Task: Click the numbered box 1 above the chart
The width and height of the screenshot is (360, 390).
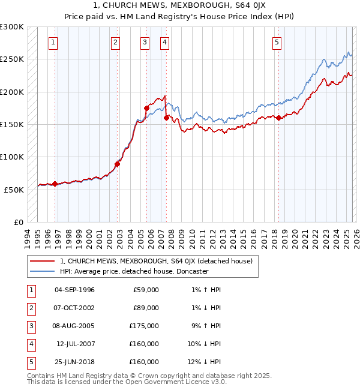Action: pos(54,42)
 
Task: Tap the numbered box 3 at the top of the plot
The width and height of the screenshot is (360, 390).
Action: pos(145,42)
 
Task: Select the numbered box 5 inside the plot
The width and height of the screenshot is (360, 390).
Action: pos(277,42)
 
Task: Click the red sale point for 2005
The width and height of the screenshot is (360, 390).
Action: pos(147,108)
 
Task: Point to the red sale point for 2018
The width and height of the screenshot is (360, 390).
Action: pos(279,118)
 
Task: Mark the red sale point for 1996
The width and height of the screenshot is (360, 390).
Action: pos(55,184)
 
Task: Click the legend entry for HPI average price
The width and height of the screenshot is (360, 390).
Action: pos(133,271)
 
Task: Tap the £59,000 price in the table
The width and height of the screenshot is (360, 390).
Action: pos(146,290)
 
